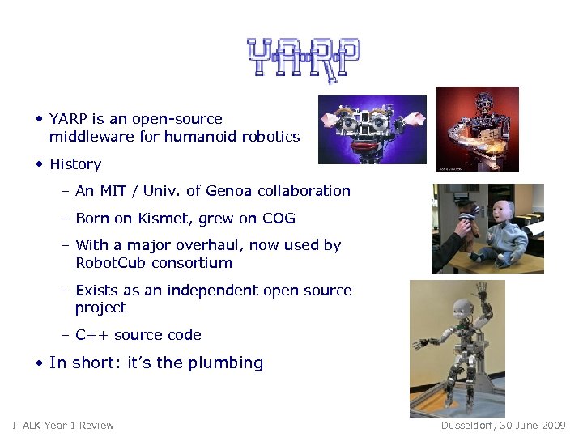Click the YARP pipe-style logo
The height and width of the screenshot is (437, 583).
pyautogui.click(x=303, y=58)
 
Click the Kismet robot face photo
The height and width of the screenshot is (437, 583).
pyautogui.click(x=372, y=129)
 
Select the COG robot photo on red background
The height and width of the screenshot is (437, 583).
pyautogui.click(x=477, y=129)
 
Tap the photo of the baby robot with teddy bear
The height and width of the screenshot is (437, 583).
pyautogui.click(x=487, y=227)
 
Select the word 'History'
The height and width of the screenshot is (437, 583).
pyautogui.click(x=75, y=164)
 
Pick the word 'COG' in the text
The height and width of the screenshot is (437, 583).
pyautogui.click(x=279, y=218)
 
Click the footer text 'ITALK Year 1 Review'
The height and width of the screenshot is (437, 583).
pyautogui.click(x=63, y=426)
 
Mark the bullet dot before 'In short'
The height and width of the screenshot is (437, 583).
pyautogui.click(x=39, y=363)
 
